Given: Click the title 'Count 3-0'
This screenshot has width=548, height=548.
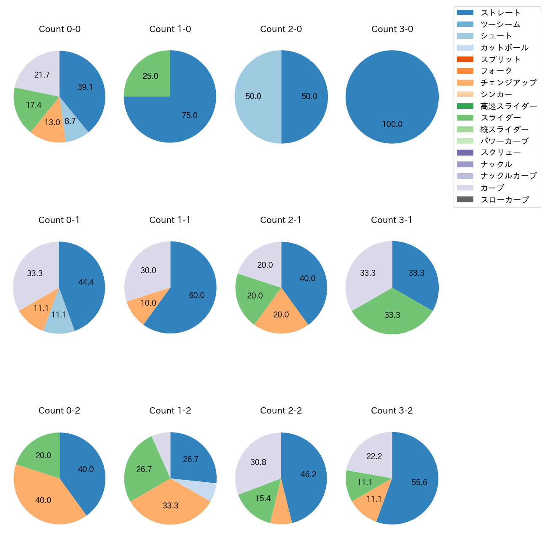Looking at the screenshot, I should [x=392, y=29].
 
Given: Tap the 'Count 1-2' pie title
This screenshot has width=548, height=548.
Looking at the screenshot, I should [x=170, y=411].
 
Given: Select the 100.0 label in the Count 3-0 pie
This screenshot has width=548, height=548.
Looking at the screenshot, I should [x=392, y=124].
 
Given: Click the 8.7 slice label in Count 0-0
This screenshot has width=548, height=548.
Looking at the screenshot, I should [x=70, y=121].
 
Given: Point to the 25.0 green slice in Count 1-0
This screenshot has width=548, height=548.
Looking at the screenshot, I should [x=150, y=76].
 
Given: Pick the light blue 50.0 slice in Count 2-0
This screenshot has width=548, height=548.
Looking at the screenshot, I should [x=253, y=97].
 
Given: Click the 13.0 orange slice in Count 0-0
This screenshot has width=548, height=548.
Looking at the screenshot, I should [x=52, y=123].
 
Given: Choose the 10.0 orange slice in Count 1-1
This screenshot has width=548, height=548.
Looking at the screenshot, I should [x=148, y=303].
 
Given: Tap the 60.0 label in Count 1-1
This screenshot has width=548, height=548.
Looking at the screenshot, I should [x=196, y=295].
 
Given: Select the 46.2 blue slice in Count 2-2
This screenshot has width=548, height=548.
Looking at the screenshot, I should [x=308, y=475].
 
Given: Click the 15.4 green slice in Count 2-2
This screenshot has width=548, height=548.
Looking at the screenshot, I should [x=263, y=499].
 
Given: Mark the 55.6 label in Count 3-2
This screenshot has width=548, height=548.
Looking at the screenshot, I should [x=419, y=483].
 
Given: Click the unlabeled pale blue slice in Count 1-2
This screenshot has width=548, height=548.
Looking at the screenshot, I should [x=202, y=489].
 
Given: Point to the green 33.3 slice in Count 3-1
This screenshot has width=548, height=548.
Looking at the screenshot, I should [x=392, y=315].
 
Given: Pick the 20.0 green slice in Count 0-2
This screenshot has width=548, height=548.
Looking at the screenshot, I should [x=43, y=456].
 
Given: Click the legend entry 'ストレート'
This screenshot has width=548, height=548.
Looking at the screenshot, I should [x=500, y=13].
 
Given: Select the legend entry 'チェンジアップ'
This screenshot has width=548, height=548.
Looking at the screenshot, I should [x=508, y=83].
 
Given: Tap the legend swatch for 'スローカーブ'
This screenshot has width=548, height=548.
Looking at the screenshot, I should [x=465, y=200].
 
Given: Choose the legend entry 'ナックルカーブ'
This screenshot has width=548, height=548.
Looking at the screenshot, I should [x=508, y=176].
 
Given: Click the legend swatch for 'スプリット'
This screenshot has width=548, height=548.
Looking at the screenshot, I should [x=465, y=59].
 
